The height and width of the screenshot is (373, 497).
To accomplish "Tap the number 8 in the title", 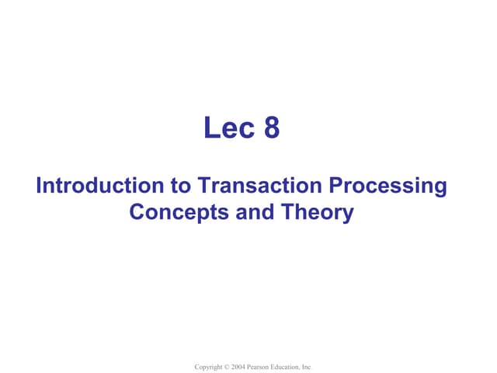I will (x=271, y=128).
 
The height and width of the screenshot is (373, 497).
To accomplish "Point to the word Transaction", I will (x=260, y=186).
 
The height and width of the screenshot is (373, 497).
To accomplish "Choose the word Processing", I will (x=389, y=186).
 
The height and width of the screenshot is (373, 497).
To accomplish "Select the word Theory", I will (x=313, y=211).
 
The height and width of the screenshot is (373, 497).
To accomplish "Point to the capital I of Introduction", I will (x=40, y=186).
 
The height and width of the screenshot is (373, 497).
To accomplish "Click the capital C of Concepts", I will (x=137, y=211).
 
